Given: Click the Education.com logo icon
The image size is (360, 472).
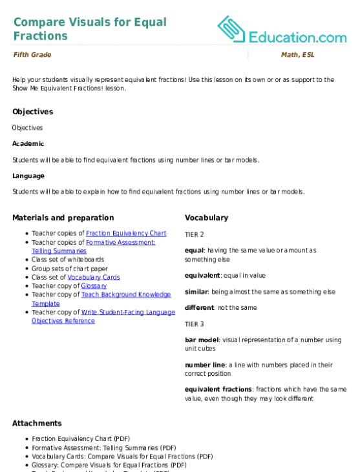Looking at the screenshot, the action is (x=231, y=29).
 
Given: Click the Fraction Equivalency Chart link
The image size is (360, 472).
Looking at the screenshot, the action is (x=126, y=233).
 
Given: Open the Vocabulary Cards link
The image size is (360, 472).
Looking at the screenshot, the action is (x=94, y=277).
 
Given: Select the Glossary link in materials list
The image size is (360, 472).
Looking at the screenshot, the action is (x=94, y=286).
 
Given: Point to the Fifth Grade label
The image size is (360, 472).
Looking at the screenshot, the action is (x=32, y=55).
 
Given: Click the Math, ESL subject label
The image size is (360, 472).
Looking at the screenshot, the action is (x=298, y=55).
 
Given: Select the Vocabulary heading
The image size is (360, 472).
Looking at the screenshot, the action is (x=206, y=218).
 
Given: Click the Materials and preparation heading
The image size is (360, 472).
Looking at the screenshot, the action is (x=63, y=218).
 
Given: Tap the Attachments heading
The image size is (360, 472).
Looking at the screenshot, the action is (x=37, y=423).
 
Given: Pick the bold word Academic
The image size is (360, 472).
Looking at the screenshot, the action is (x=28, y=143).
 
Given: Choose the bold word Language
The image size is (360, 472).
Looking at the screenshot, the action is (x=28, y=176).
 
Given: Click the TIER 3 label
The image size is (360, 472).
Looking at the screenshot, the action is (x=195, y=324).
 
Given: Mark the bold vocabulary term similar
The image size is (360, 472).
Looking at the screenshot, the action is (x=196, y=292).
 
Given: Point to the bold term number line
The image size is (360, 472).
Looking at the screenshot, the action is (x=205, y=365).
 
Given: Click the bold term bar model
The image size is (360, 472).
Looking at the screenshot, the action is (x=202, y=340).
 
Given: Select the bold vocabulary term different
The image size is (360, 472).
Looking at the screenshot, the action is (x=200, y=307).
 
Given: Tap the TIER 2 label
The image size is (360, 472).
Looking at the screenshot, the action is (x=195, y=234).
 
